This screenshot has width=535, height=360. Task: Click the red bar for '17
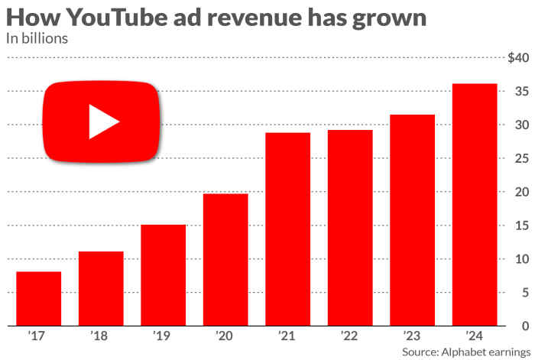click(x=38, y=298)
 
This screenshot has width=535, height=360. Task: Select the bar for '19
click(x=163, y=275)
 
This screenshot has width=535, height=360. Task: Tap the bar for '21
click(x=288, y=229)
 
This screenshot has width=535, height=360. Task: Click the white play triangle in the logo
click(x=103, y=122)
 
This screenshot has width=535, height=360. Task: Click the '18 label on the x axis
click(x=101, y=335)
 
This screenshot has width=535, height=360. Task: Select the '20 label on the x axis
click(x=225, y=335)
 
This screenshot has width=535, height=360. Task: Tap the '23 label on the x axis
click(x=413, y=335)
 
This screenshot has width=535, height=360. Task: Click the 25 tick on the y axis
click(x=520, y=158)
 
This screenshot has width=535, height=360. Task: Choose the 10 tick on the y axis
click(x=520, y=259)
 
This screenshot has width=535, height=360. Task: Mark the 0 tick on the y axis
click(x=524, y=326)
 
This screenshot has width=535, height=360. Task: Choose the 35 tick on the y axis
click(x=520, y=92)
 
